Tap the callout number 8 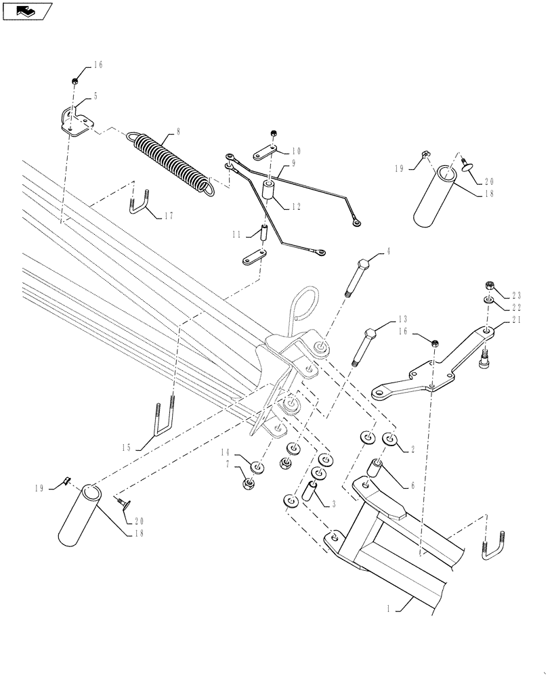tap(178, 131)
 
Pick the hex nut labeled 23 tap(488, 284)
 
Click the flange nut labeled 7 tap(247, 483)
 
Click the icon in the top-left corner tap(26, 10)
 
